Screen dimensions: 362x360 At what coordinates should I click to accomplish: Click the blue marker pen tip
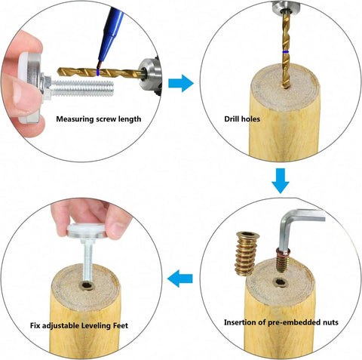coord(99,66)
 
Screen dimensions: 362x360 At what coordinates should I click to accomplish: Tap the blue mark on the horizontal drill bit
coord(98,72)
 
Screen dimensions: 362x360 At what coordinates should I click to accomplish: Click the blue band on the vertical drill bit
coord(286,51)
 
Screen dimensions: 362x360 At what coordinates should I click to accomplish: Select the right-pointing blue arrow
coord(181,83)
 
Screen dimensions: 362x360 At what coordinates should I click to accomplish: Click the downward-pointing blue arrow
coord(281,181)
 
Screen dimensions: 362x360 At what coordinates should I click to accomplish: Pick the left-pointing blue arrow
coord(180,278)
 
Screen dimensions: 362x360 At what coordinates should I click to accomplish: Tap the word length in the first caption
coord(130,119)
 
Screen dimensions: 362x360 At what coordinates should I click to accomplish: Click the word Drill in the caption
coord(232,118)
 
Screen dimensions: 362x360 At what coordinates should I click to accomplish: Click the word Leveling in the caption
coord(96,326)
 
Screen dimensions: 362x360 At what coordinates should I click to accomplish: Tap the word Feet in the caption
coord(121,325)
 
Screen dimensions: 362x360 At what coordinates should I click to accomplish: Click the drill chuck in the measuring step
coord(150,75)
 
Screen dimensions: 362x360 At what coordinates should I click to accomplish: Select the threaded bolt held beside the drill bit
coord(81,88)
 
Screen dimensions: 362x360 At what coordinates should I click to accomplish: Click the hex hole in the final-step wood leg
coord(87,285)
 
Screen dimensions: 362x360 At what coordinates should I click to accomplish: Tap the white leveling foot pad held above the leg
coord(87,230)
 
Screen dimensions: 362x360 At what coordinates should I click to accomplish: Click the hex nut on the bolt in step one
coord(47,87)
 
